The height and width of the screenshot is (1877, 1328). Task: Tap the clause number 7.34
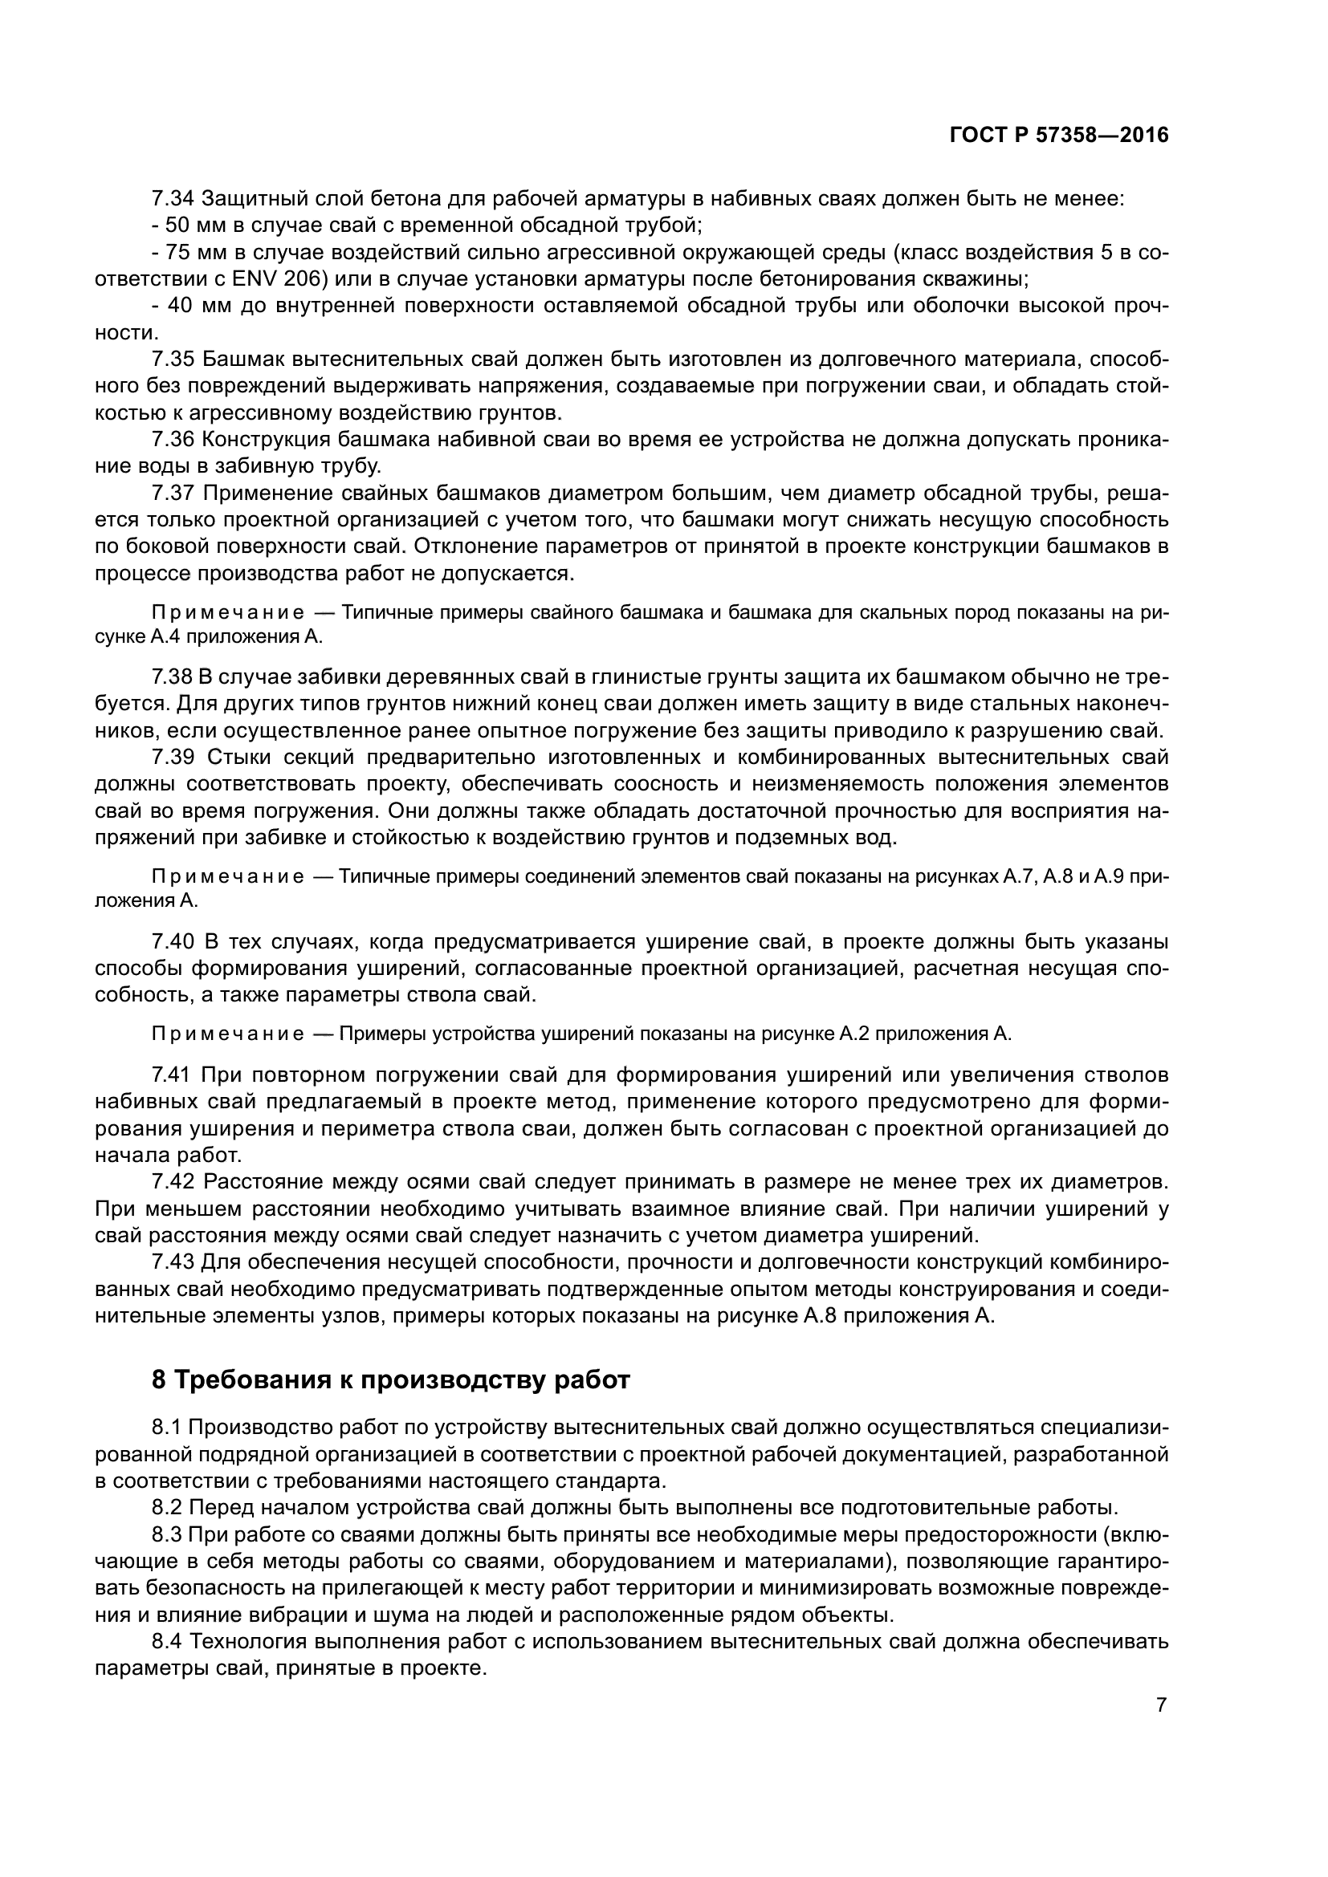173,199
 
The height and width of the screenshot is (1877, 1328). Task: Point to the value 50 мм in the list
189,225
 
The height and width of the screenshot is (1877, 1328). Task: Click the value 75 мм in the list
189,253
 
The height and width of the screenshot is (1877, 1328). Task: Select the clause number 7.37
173,494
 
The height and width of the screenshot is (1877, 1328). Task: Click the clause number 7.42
173,1183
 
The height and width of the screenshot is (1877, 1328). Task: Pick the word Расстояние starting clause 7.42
259,1183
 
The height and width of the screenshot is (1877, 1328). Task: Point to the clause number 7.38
173,677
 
